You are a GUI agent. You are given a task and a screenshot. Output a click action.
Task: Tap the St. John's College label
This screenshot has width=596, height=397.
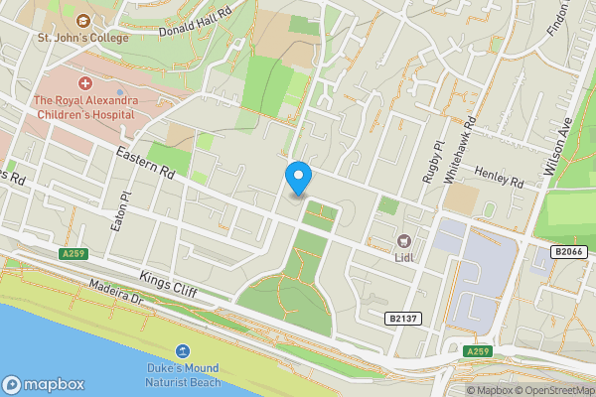(84, 39)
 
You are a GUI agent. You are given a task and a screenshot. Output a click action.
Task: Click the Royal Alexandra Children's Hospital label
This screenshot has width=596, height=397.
(83, 106)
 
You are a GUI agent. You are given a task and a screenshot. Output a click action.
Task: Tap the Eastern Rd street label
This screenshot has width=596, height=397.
(145, 164)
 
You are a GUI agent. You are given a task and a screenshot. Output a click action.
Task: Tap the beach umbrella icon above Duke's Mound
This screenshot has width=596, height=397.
(183, 351)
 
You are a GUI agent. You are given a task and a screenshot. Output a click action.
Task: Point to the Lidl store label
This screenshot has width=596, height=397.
(404, 258)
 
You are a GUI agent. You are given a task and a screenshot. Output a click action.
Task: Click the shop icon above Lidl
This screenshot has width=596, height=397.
(404, 241)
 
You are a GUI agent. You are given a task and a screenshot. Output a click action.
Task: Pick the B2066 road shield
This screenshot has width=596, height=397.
(569, 252)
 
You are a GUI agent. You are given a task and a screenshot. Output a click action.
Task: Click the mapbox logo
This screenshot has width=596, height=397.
(44, 384)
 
